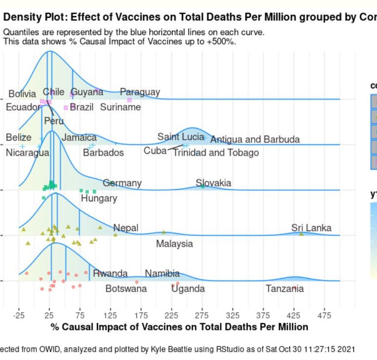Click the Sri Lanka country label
coord(311,227)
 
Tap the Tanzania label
coord(285,289)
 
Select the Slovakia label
coord(214,183)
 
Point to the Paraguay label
coord(140,92)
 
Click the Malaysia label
coord(174,244)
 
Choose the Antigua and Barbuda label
coord(255,139)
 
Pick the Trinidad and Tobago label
coord(216,153)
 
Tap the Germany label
coord(122,183)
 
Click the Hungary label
coord(99,198)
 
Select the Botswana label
coord(126,289)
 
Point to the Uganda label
coord(188,289)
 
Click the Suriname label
coord(120,107)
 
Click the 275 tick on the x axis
coord(202,315)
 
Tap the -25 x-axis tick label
coord(19,315)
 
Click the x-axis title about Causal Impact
coord(179,327)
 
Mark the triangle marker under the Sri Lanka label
coord(301,234)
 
